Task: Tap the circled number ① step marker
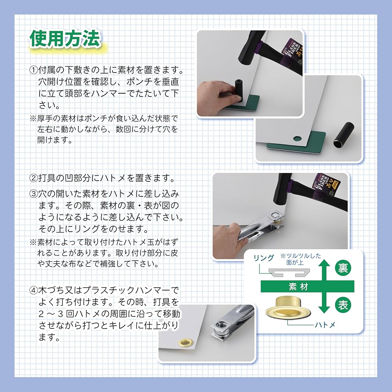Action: click(x=34, y=71)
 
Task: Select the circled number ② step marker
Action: click(x=34, y=178)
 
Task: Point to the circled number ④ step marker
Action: click(x=34, y=290)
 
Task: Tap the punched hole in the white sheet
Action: click(x=298, y=138)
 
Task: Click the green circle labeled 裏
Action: click(x=342, y=269)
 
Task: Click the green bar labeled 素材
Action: click(x=298, y=287)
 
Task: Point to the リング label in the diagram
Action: click(x=263, y=258)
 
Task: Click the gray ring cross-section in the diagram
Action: click(x=290, y=271)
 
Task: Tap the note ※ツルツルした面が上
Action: click(x=300, y=259)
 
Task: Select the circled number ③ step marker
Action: click(x=34, y=194)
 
